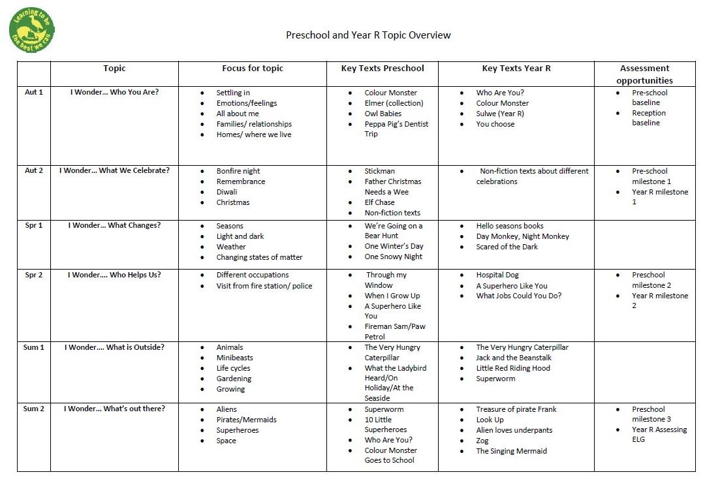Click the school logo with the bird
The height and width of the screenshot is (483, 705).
tap(32, 31)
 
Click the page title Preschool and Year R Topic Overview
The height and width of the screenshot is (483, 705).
tap(368, 35)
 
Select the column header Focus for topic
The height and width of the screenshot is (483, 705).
tap(253, 69)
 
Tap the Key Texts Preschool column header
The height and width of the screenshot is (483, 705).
tap(383, 69)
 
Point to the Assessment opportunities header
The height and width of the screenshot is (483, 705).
tap(644, 74)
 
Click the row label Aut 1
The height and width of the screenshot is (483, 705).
tap(34, 92)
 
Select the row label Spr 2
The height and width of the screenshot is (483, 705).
tap(34, 275)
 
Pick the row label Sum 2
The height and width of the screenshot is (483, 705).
tap(34, 409)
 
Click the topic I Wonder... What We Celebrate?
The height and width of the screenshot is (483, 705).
tap(114, 171)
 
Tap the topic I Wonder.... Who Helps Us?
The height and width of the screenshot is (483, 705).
tap(114, 275)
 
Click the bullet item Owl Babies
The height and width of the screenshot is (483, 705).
tap(383, 114)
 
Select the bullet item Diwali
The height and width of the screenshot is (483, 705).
tap(227, 192)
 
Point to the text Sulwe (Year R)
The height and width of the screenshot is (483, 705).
tap(499, 114)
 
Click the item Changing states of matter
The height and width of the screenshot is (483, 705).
tap(259, 257)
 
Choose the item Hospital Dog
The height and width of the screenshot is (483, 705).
tap(497, 275)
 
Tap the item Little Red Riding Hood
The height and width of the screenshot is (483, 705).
tap(512, 368)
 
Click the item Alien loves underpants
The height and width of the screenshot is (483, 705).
tap(514, 430)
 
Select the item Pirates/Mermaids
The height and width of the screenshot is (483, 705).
tap(246, 420)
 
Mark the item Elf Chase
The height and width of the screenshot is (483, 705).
tap(379, 202)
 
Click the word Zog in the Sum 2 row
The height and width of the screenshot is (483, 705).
tap(482, 441)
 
